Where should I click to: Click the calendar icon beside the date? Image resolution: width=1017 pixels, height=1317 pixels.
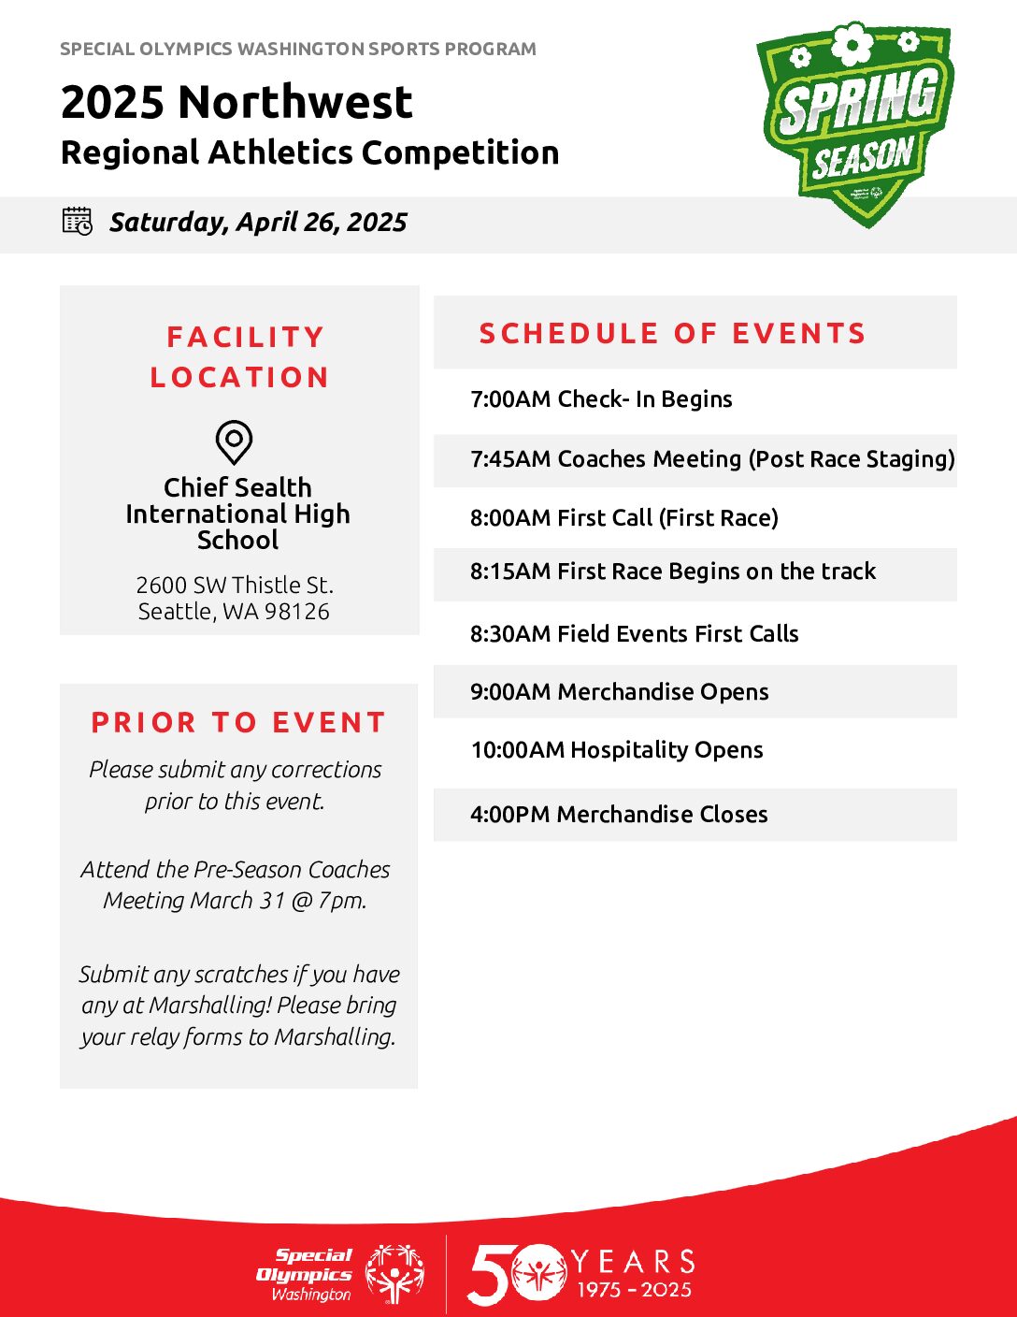coord(78,221)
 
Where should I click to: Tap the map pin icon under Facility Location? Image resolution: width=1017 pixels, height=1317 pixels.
coord(234,442)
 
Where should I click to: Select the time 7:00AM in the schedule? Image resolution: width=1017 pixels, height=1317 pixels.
coord(510,399)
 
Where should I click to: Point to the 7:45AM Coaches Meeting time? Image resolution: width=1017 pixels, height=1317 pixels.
coord(510,458)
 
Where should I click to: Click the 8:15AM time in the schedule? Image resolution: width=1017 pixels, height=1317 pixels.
coord(510,571)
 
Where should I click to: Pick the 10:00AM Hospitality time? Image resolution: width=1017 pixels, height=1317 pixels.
coord(518,750)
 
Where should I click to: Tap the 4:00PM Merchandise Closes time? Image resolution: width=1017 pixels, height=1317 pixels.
coord(510,814)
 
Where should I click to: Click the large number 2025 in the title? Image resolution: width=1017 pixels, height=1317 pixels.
coord(113,102)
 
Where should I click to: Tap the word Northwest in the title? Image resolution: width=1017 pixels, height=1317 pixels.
coord(295,102)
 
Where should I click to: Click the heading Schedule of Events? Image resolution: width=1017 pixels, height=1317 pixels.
coord(672,333)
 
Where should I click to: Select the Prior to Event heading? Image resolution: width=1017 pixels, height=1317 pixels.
coord(238,722)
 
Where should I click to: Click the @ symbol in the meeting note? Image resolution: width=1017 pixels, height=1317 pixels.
coord(301,901)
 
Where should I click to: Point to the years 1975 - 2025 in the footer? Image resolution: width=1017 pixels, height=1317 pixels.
coord(634,1289)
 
